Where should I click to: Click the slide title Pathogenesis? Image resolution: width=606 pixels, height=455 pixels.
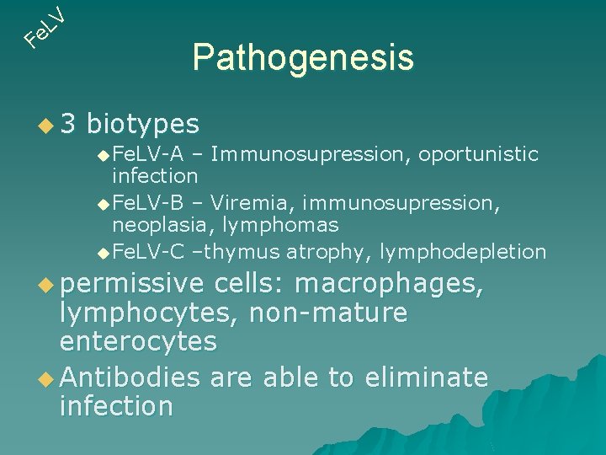click(303, 57)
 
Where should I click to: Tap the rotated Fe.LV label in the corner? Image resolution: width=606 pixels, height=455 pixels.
click(45, 25)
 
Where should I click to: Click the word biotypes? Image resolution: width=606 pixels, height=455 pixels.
click(143, 125)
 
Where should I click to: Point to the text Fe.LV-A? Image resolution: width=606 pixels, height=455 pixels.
click(148, 154)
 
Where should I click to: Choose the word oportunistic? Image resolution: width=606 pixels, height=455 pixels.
click(478, 154)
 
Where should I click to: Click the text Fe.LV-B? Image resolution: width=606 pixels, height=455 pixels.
click(148, 203)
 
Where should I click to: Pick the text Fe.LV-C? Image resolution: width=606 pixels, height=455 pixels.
click(148, 251)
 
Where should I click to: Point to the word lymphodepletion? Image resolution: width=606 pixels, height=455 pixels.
click(463, 251)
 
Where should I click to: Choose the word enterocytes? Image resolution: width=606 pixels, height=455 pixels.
click(138, 341)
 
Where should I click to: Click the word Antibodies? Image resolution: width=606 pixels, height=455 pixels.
click(130, 377)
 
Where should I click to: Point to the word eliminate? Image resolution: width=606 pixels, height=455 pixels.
click(426, 377)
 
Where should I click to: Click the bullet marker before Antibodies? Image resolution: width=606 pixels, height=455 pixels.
click(49, 377)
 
